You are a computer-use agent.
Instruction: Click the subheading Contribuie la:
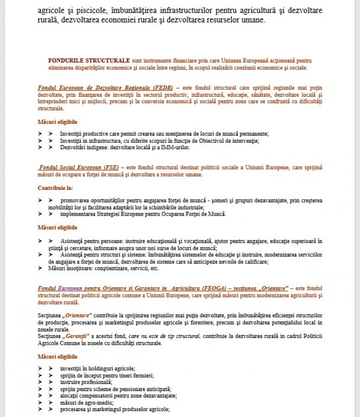coord(55,188)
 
